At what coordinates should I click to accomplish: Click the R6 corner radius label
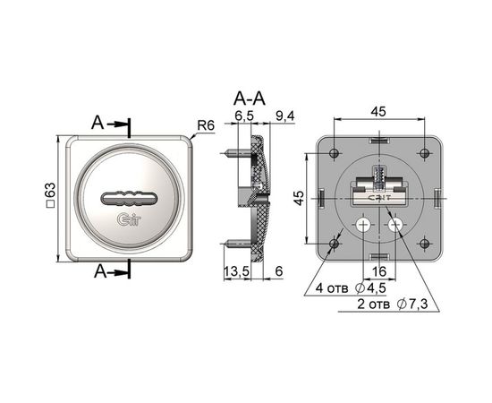pos(206,125)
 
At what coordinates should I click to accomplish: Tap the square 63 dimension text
pos(50,195)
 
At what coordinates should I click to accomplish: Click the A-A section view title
pos(250,99)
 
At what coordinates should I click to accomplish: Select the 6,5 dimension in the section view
pos(244,116)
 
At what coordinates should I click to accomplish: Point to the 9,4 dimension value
pos(284,116)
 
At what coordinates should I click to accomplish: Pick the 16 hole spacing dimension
pos(378,271)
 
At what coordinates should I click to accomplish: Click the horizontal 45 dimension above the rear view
pos(378,112)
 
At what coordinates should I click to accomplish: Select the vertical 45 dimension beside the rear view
pos(300,198)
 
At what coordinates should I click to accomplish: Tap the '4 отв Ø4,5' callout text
pos(351,288)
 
